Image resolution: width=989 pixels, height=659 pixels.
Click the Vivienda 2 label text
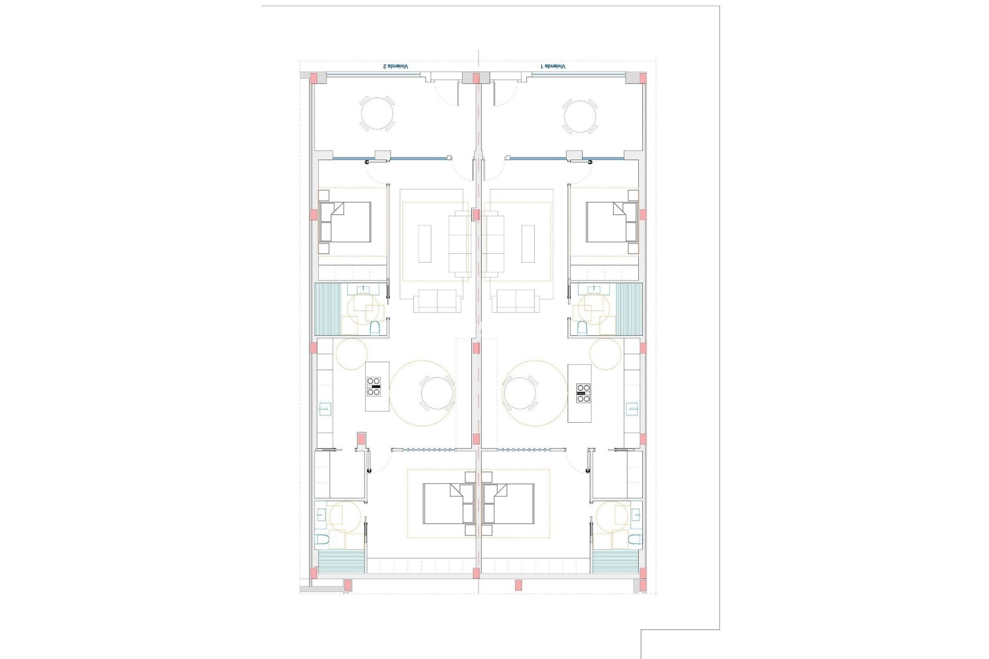(x=395, y=66)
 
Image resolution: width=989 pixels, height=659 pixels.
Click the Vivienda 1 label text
(x=553, y=66)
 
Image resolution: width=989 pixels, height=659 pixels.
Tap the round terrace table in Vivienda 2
(x=377, y=114)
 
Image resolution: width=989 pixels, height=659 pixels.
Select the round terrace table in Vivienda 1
(x=580, y=117)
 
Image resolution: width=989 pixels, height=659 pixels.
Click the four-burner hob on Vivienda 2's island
(x=374, y=387)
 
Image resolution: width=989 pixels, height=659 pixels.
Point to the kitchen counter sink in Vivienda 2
(x=325, y=409)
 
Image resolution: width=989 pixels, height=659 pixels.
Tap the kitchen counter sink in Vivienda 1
(x=632, y=409)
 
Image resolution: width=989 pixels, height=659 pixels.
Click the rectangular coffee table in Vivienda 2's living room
(x=424, y=244)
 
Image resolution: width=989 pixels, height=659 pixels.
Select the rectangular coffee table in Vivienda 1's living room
(x=528, y=244)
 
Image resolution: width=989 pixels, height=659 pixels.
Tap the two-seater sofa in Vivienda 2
(x=437, y=301)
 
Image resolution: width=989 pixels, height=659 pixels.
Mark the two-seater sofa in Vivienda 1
(x=515, y=301)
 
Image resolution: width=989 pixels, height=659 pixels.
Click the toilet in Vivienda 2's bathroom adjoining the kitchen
(x=375, y=327)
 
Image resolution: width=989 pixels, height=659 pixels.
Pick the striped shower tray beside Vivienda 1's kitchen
(x=629, y=309)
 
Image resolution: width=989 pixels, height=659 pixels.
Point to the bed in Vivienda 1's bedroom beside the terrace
(x=612, y=222)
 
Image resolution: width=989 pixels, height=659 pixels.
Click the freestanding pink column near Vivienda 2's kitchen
(x=361, y=439)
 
